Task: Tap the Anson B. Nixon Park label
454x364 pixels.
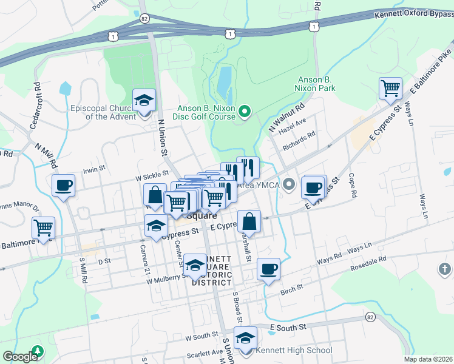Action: [325, 84]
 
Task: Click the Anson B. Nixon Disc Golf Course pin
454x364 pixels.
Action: [245, 111]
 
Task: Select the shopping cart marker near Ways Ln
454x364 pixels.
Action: [390, 89]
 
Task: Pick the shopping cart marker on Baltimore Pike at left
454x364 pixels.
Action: [44, 227]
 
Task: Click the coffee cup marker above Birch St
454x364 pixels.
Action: [268, 268]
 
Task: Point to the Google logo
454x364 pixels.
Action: [19, 357]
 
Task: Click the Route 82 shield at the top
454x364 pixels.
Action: [143, 19]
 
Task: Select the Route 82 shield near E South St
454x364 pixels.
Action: [370, 317]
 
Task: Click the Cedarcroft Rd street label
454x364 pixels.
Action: [35, 106]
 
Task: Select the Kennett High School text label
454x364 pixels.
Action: [294, 351]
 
